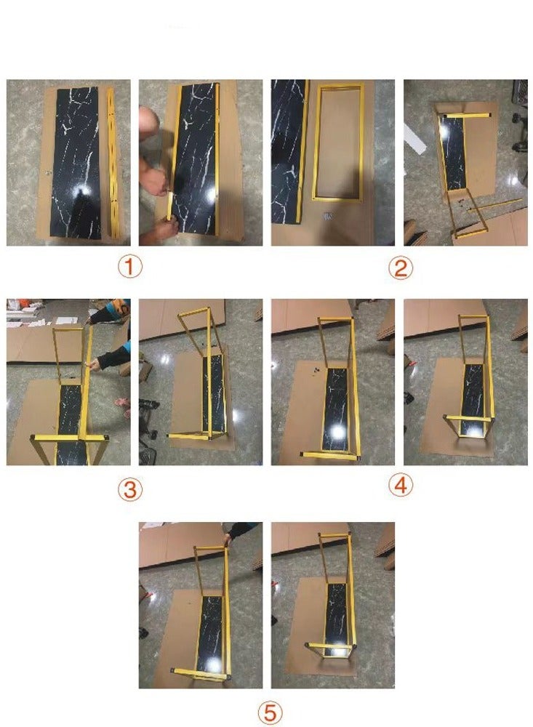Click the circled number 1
pyautogui.click(x=129, y=267)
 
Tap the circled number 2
pyautogui.click(x=400, y=268)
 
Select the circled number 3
pyautogui.click(x=129, y=489)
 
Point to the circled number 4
pyautogui.click(x=400, y=486)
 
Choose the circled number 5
pyautogui.click(x=270, y=712)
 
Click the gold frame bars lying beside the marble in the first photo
pyautogui.click(x=111, y=160)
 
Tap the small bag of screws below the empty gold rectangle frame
pyautogui.click(x=328, y=215)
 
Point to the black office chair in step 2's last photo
pyautogui.click(x=520, y=116)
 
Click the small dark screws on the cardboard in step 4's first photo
pyautogui.click(x=316, y=371)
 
